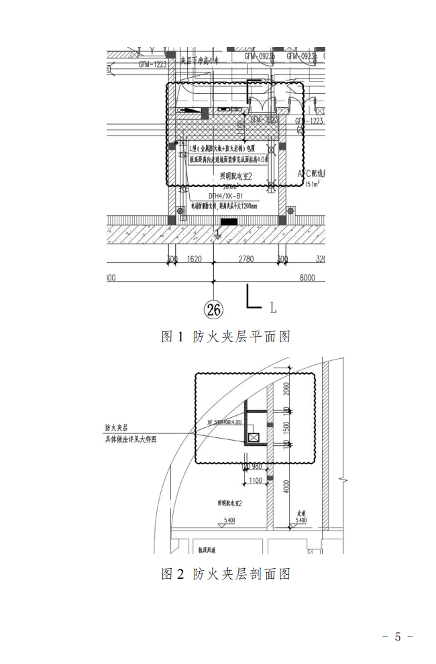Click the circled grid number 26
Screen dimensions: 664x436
point(214,309)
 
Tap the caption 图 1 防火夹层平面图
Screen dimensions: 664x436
point(225,336)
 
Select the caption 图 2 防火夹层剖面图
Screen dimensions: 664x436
point(225,573)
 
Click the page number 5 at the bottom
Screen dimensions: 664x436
point(397,637)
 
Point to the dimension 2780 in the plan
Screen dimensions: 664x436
point(247,259)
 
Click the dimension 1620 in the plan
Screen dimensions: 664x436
point(195,259)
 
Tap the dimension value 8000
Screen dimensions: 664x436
point(307,278)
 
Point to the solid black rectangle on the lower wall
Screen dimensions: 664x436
point(229,221)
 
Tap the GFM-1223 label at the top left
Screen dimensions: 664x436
point(152,64)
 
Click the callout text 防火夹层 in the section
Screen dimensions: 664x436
point(116,427)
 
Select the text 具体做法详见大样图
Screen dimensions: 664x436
point(130,439)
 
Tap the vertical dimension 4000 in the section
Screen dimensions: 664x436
point(286,485)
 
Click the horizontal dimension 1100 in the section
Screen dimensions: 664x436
point(255,480)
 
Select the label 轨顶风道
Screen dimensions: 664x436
point(209,549)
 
